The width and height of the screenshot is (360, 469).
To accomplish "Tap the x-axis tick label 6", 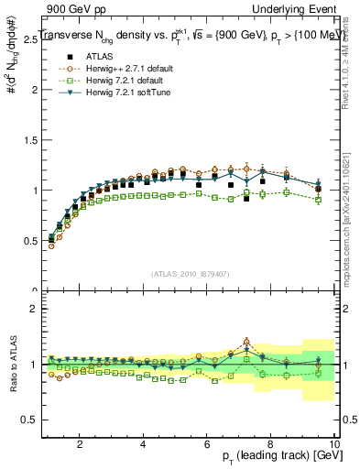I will click(x=207, y=444).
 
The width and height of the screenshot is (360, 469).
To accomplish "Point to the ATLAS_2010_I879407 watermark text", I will click(x=191, y=275).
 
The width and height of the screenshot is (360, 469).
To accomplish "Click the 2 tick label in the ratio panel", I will click(x=34, y=309).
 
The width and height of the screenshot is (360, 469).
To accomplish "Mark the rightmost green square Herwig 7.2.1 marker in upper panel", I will click(x=318, y=200).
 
